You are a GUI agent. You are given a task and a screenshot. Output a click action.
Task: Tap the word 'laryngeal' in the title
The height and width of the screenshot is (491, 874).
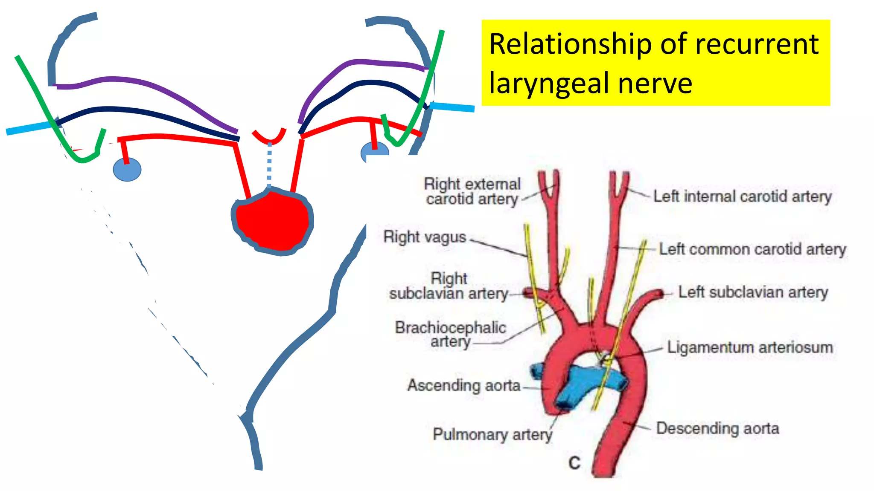click(548, 84)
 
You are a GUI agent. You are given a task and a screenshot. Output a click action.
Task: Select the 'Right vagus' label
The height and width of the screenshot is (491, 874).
click(425, 237)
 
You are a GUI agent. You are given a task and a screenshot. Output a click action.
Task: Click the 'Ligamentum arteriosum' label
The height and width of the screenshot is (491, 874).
click(750, 347)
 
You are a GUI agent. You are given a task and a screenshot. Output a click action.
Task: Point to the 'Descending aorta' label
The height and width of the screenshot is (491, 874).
click(717, 428)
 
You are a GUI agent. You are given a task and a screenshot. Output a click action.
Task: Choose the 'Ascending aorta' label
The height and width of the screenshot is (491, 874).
click(464, 385)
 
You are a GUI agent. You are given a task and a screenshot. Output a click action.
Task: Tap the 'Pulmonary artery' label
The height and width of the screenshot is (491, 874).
click(492, 434)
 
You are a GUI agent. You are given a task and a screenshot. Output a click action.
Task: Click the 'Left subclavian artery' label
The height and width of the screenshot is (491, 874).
click(753, 292)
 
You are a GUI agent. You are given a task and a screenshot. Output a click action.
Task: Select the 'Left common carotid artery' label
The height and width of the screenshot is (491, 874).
click(752, 249)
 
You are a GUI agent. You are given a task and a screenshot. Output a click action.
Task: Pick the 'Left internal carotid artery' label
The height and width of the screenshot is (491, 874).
click(743, 196)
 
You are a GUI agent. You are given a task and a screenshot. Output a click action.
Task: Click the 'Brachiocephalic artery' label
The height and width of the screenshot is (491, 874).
click(451, 334)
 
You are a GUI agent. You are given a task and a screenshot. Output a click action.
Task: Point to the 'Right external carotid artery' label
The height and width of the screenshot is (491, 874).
click(472, 191)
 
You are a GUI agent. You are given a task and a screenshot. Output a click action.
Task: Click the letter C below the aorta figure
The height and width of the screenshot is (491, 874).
click(574, 463)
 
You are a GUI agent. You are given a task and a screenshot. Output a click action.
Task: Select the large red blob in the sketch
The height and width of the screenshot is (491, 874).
click(272, 222)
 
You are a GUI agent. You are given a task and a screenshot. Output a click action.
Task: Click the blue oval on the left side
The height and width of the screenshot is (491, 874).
click(127, 170)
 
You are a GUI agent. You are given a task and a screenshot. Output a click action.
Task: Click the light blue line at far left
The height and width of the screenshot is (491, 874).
click(28, 128)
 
